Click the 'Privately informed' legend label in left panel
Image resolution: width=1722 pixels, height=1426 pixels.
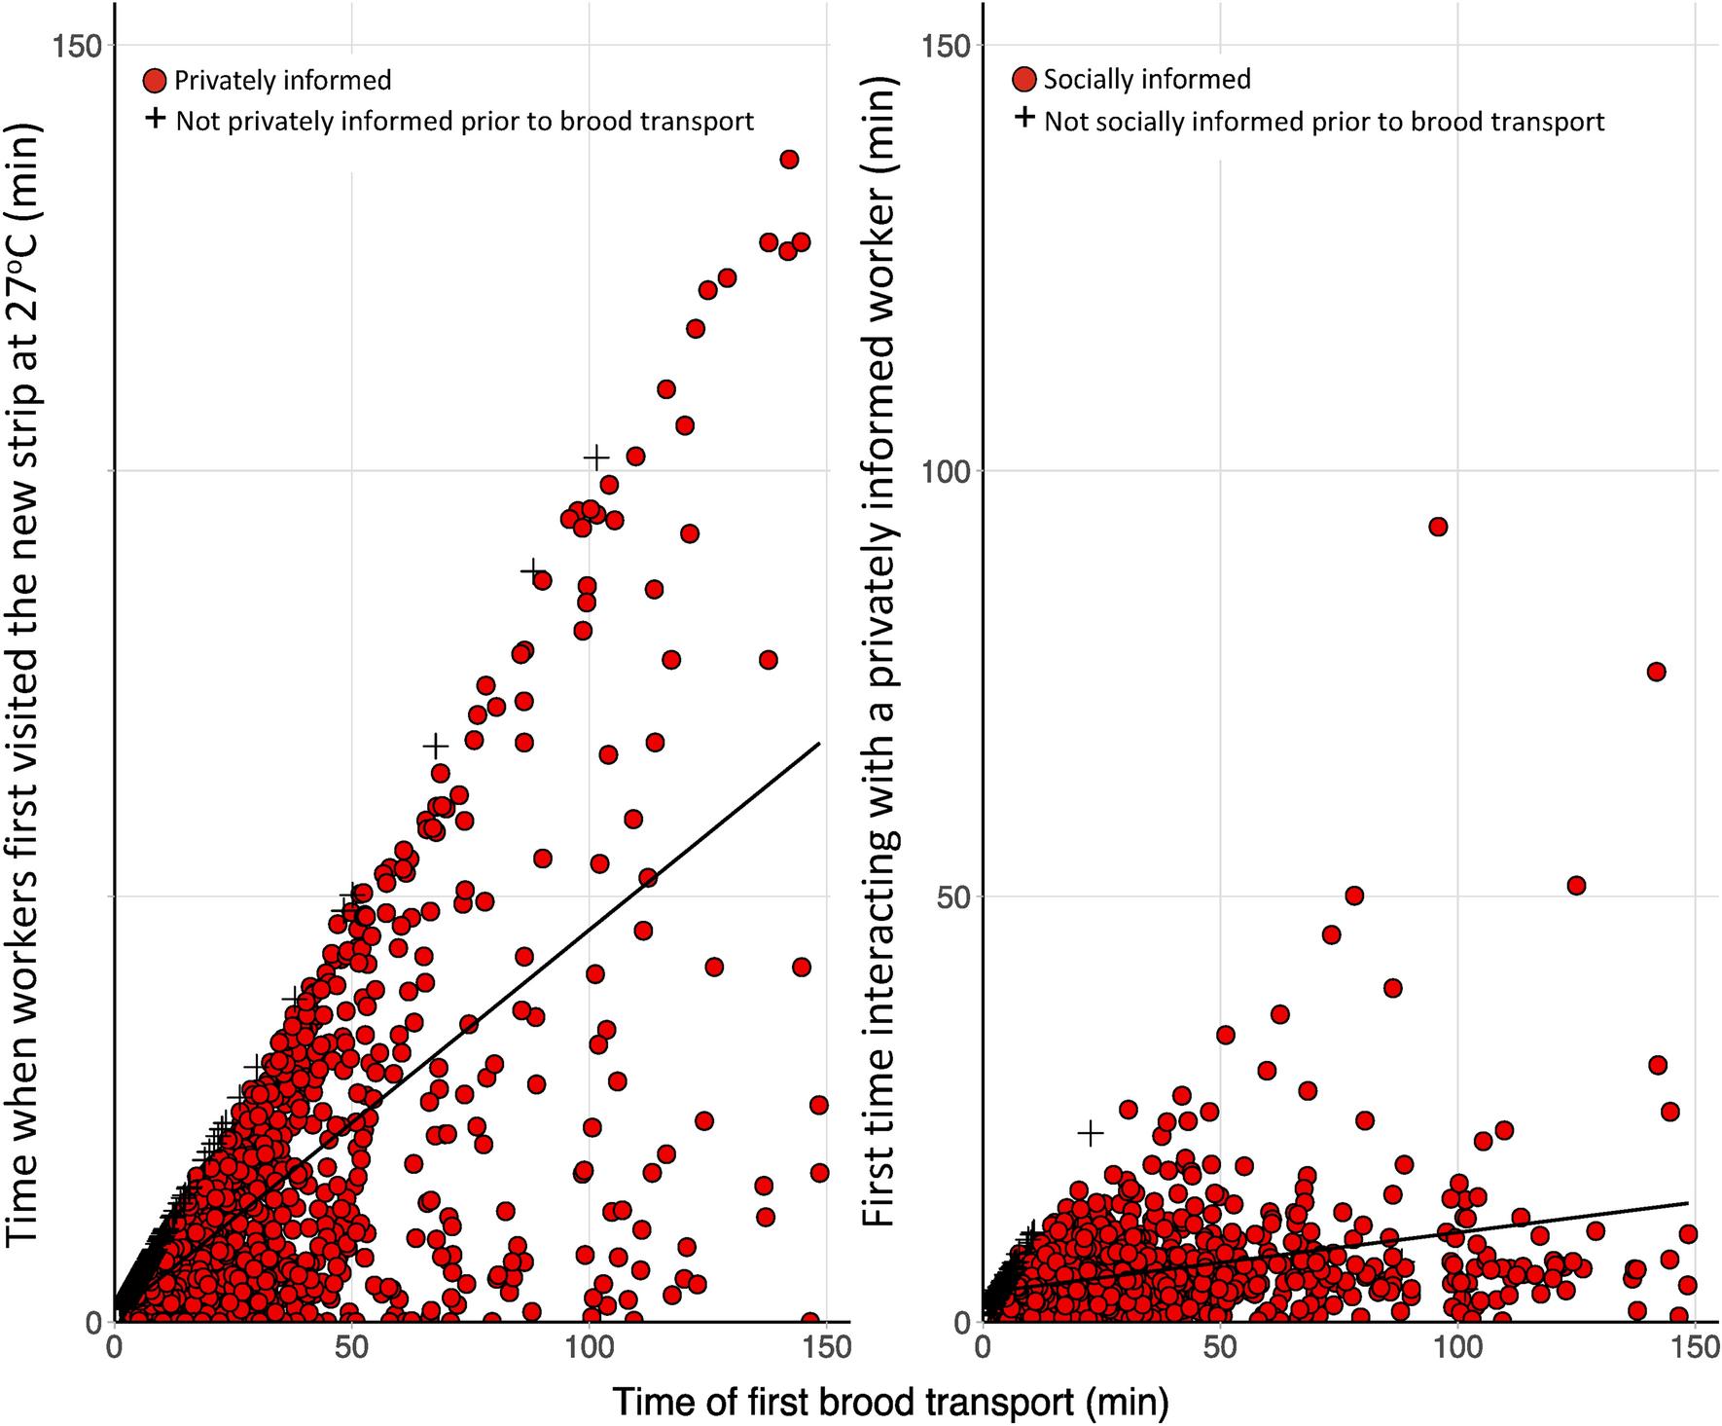pos(282,80)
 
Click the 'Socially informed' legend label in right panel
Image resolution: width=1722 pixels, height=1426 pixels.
pos(1147,79)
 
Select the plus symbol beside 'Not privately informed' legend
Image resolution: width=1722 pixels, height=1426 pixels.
pos(156,119)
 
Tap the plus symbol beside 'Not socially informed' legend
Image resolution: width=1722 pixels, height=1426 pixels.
pos(1024,119)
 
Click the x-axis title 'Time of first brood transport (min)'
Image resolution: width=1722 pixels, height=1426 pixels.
pos(890,1403)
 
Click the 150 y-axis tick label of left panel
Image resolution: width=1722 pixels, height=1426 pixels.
pos(78,45)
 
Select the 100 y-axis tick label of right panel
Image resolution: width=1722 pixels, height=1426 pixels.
pos(946,471)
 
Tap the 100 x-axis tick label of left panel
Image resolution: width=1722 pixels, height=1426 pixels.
pos(589,1348)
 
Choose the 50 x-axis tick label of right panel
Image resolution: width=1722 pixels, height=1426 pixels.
pos(1220,1348)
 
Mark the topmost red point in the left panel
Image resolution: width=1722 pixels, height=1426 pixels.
pos(789,160)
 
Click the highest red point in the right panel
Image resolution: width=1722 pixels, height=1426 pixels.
pos(1438,527)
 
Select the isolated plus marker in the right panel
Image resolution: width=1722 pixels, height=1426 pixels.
pos(1091,1133)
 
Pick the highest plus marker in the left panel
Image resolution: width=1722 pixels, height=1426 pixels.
pos(596,457)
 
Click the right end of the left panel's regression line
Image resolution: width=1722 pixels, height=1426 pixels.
pos(820,743)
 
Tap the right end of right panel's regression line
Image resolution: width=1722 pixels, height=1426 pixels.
pos(1688,1203)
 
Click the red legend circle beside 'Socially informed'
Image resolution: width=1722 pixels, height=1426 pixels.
pos(1024,80)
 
